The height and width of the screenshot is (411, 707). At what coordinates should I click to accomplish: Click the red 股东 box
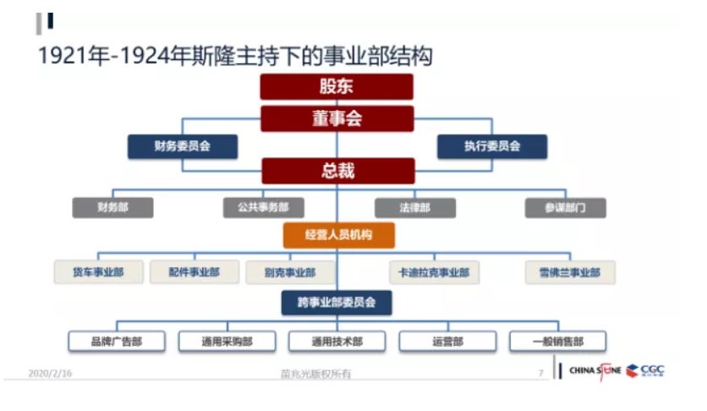[x=337, y=86]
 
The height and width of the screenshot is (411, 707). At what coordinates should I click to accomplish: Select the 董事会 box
[x=337, y=118]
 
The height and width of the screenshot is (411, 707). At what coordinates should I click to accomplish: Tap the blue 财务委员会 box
[x=182, y=146]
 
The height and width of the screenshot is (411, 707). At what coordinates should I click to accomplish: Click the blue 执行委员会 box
[x=491, y=146]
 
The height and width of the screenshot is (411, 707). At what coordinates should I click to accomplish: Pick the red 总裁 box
[x=337, y=171]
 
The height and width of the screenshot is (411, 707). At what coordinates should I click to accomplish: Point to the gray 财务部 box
[x=112, y=207]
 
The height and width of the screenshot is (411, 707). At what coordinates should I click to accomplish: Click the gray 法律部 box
[x=414, y=207]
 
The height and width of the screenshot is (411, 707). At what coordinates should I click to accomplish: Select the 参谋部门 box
[x=566, y=207]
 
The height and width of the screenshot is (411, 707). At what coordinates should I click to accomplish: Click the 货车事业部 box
[x=98, y=272]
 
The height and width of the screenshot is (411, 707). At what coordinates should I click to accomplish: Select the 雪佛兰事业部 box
[x=569, y=272]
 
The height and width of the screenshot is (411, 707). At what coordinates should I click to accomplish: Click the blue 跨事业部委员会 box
[x=337, y=302]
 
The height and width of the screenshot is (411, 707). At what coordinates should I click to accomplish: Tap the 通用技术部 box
[x=337, y=342]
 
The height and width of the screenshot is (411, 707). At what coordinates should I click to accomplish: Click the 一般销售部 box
[x=558, y=342]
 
